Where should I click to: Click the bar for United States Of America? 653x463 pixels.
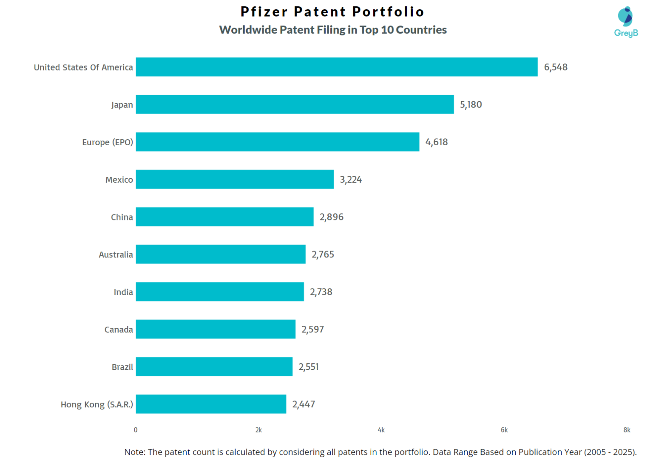(336, 67)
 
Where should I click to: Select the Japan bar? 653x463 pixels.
(295, 104)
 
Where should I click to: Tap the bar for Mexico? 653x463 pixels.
(235, 179)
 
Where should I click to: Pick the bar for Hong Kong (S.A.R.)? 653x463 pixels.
(211, 404)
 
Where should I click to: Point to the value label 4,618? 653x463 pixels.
(436, 142)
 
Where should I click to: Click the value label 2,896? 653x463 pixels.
(331, 217)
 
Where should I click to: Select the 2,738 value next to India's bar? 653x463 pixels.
(321, 292)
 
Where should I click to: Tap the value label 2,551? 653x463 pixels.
(308, 367)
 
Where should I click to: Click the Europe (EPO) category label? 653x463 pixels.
(108, 142)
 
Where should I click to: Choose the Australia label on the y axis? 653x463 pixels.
(116, 254)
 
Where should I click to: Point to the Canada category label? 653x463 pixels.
(119, 330)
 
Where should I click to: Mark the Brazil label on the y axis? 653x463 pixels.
(122, 367)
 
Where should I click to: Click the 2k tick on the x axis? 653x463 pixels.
(258, 430)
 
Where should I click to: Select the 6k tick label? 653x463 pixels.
(504, 430)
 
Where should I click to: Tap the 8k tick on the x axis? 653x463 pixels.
(627, 430)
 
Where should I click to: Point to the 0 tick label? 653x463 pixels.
(136, 430)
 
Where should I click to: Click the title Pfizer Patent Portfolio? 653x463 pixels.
(332, 11)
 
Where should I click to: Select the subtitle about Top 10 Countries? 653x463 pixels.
(332, 30)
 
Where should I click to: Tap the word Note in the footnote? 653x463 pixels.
(134, 452)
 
